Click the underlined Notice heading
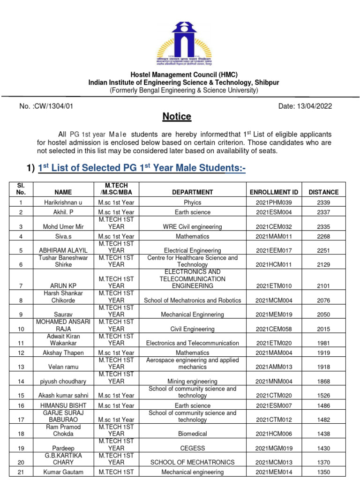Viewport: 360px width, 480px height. (177, 116)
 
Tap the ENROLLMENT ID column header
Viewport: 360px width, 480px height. (274, 192)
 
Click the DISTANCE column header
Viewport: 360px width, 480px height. (323, 192)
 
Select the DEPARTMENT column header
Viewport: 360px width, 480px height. (192, 192)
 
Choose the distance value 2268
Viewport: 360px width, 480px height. (323, 237)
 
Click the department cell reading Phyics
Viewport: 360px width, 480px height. (192, 202)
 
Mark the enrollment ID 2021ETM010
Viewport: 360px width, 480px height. (274, 286)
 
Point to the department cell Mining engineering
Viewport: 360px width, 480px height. (192, 382)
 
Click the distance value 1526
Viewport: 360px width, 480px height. (323, 396)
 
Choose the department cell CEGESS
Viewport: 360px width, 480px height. (192, 449)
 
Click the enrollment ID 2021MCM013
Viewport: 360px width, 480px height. (274, 463)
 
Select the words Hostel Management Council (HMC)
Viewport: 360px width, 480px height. (184, 75)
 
